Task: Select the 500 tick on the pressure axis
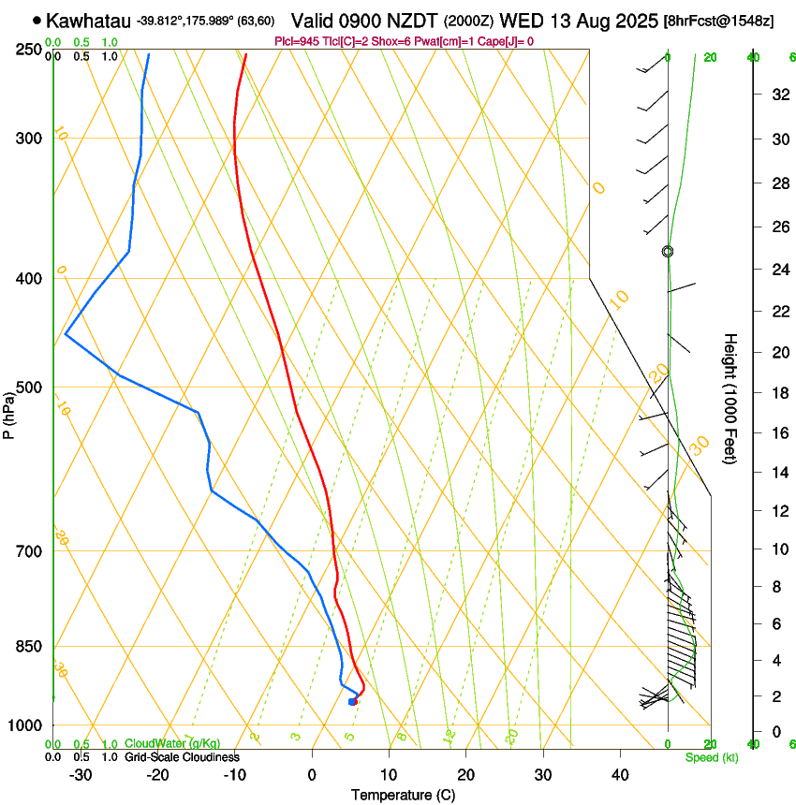click(30, 388)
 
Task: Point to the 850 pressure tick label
click(30, 647)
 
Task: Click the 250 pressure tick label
click(30, 50)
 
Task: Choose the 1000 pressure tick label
click(26, 725)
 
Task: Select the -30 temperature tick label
click(81, 774)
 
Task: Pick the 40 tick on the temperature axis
click(620, 774)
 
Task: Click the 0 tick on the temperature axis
click(313, 774)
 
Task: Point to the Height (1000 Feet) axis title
click(730, 398)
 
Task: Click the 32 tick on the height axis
click(778, 95)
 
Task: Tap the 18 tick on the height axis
click(778, 393)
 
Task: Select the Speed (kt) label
click(712, 757)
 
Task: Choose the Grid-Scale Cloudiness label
click(182, 757)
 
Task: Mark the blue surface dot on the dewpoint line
click(352, 701)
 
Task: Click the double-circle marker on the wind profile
click(668, 251)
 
